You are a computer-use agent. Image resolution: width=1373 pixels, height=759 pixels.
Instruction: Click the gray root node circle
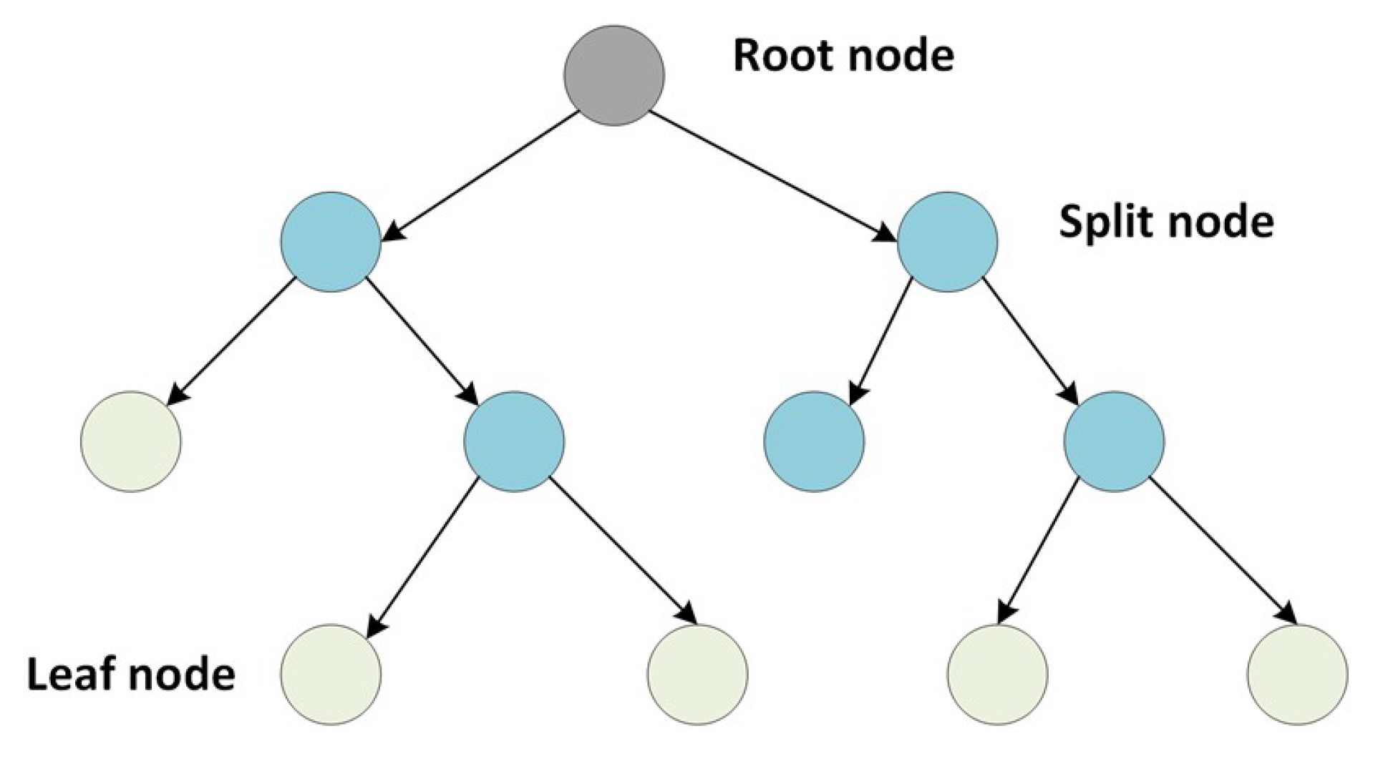coord(613,76)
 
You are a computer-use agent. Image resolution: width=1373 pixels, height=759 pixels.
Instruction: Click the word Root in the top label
coord(776,55)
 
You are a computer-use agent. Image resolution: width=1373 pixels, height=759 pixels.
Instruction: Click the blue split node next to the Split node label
coord(946,242)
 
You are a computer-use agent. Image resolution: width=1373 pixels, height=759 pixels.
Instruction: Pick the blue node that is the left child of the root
coord(330,242)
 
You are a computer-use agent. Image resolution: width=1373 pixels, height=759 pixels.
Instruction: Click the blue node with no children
coord(814,441)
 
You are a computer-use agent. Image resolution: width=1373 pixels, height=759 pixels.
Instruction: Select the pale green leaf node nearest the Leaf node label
coord(330,675)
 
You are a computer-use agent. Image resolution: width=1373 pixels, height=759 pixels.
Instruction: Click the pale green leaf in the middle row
coord(130,441)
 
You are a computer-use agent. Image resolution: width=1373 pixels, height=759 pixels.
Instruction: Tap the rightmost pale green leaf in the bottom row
coord(1296,675)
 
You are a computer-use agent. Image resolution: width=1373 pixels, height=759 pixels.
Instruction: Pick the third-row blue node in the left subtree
coord(514,441)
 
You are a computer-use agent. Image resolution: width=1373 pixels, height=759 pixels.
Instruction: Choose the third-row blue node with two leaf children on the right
coord(1114,441)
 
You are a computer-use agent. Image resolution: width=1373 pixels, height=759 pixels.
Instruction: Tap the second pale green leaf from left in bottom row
coord(697,675)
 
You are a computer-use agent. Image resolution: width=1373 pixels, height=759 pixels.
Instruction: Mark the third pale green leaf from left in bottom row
coord(997,675)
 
